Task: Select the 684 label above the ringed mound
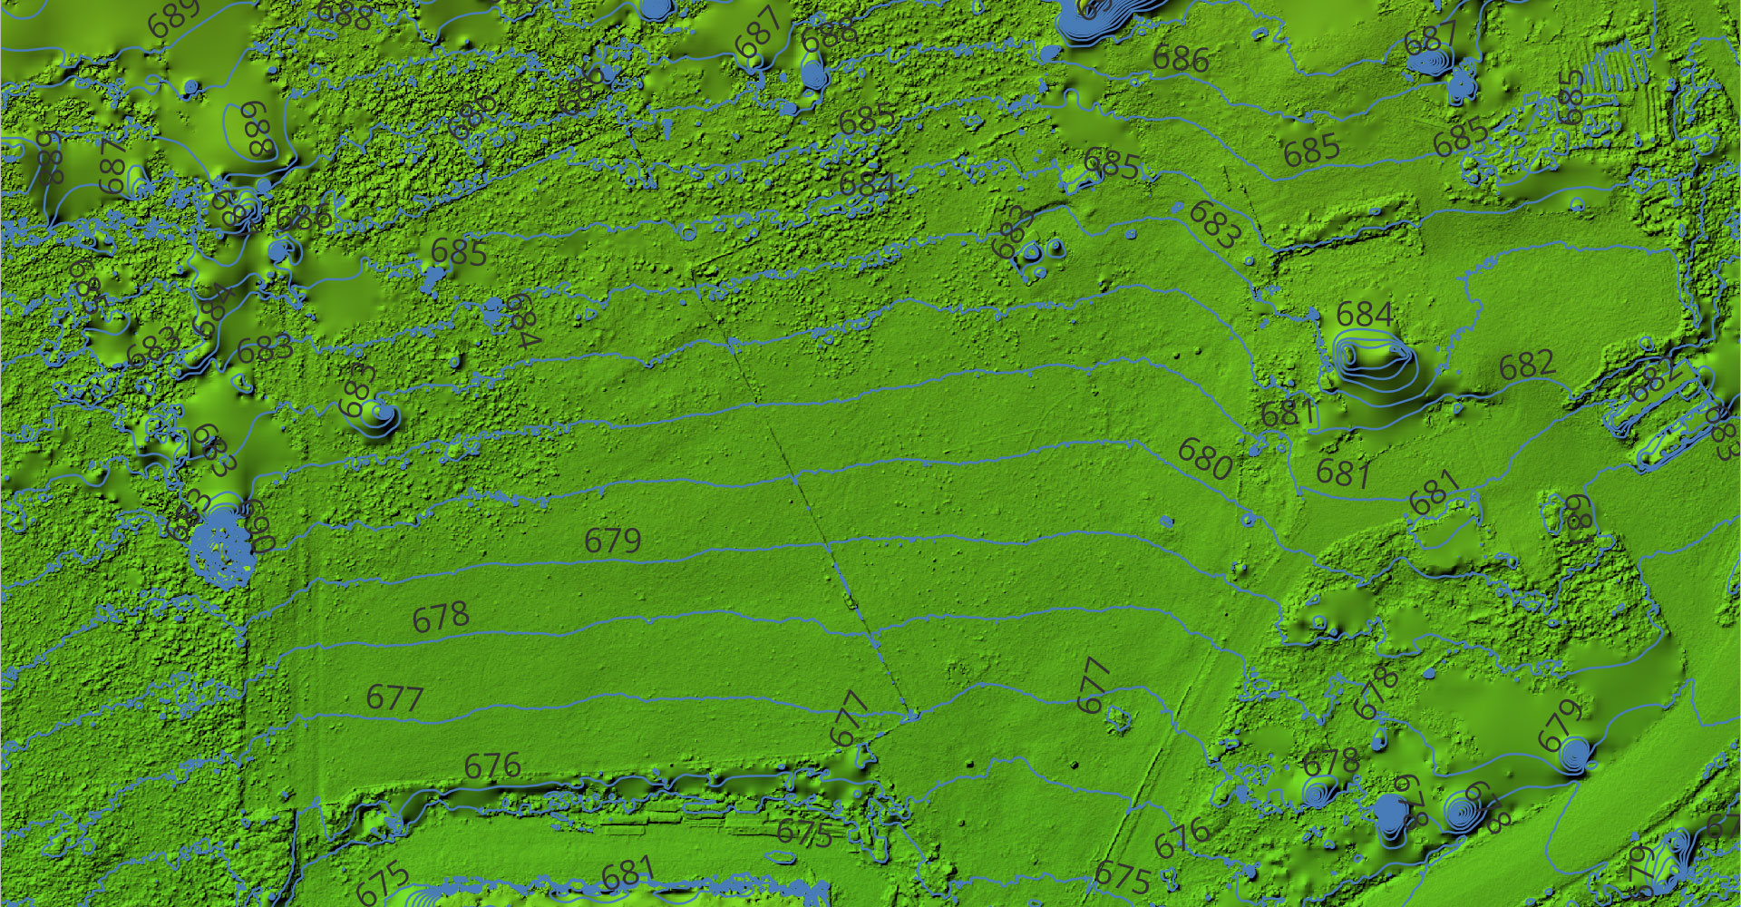tap(1365, 315)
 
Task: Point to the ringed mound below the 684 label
tap(1374, 363)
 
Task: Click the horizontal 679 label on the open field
tap(613, 541)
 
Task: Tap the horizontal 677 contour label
tap(395, 697)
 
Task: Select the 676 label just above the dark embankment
tap(492, 766)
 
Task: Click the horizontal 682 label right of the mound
tap(1527, 365)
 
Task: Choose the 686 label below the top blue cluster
tap(1182, 59)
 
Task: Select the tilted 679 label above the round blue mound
tap(1561, 724)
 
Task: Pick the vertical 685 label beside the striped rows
tap(1571, 98)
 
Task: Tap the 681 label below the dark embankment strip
tap(627, 875)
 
